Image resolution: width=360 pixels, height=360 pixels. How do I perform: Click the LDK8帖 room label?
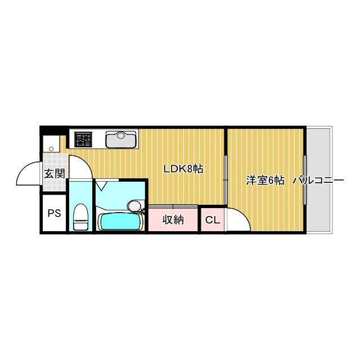(183, 168)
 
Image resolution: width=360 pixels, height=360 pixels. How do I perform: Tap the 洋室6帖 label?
(265, 181)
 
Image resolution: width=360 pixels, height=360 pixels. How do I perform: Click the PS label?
(54, 213)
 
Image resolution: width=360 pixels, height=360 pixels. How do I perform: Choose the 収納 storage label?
(173, 220)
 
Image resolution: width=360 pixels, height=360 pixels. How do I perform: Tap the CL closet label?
(212, 220)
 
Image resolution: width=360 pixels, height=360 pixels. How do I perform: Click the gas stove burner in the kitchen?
(83, 138)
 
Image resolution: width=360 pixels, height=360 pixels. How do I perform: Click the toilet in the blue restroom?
(80, 217)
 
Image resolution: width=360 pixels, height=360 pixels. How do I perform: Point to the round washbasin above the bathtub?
(134, 204)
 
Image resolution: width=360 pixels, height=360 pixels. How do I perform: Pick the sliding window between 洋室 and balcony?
(305, 180)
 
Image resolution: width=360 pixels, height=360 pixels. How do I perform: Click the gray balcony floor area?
(319, 208)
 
